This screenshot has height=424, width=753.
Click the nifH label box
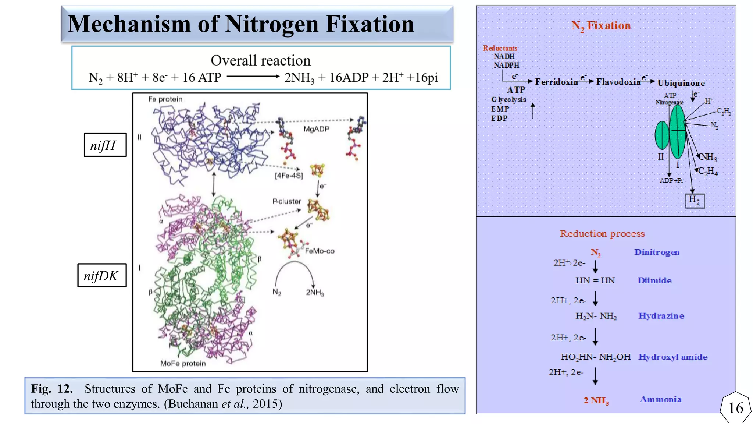[x=105, y=145]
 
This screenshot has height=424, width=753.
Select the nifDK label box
[x=102, y=275]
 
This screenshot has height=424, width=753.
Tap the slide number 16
[x=735, y=408]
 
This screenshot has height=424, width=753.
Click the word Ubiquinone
[x=681, y=83]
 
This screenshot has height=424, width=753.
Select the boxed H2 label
[x=695, y=201]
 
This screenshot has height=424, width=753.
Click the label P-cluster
[x=286, y=201]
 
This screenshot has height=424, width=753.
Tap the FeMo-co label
[x=320, y=251]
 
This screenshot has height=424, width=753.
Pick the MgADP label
[x=316, y=129]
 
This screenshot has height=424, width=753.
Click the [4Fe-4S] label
[x=289, y=176]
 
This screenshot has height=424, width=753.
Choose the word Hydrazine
[x=661, y=316]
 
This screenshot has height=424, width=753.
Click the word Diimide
[x=654, y=280]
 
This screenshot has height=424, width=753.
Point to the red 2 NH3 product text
[x=596, y=400]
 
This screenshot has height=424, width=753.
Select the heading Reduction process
[x=602, y=234]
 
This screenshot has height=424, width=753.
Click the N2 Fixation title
[x=601, y=26]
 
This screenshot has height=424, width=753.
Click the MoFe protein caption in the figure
[x=183, y=364]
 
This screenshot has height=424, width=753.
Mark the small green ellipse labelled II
[x=662, y=135]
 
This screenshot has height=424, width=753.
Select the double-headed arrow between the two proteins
[x=214, y=184]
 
